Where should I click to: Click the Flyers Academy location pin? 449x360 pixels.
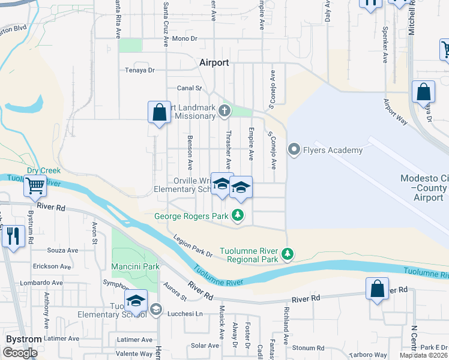(x=294, y=149)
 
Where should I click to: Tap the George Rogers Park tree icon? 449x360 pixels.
(x=239, y=215)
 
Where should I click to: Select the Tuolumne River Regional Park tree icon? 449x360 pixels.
(x=288, y=254)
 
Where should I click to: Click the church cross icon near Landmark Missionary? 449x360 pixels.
(x=224, y=110)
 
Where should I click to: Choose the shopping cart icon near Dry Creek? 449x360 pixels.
(x=35, y=187)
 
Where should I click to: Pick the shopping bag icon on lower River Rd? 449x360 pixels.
(x=377, y=289)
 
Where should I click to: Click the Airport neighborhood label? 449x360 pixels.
(x=214, y=62)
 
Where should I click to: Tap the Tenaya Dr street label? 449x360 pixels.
(x=139, y=70)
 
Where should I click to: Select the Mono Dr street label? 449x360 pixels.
(x=184, y=38)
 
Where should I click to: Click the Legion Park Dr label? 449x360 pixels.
(x=193, y=246)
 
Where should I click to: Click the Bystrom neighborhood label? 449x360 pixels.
(x=23, y=339)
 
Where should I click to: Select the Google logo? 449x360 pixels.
(x=20, y=352)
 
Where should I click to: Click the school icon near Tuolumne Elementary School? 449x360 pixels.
(x=136, y=300)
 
